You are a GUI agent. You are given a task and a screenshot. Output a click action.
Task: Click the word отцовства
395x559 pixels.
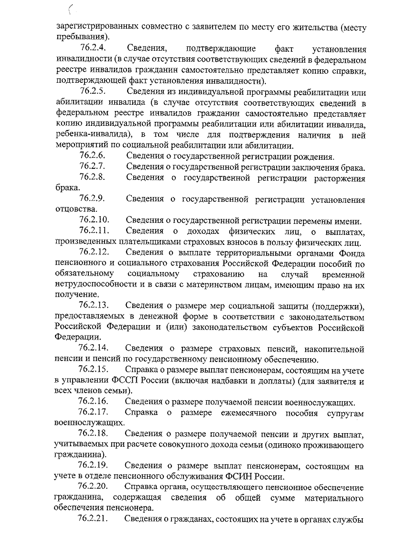coord(72,210)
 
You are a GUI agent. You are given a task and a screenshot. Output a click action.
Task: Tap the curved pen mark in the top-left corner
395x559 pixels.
coord(70,10)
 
